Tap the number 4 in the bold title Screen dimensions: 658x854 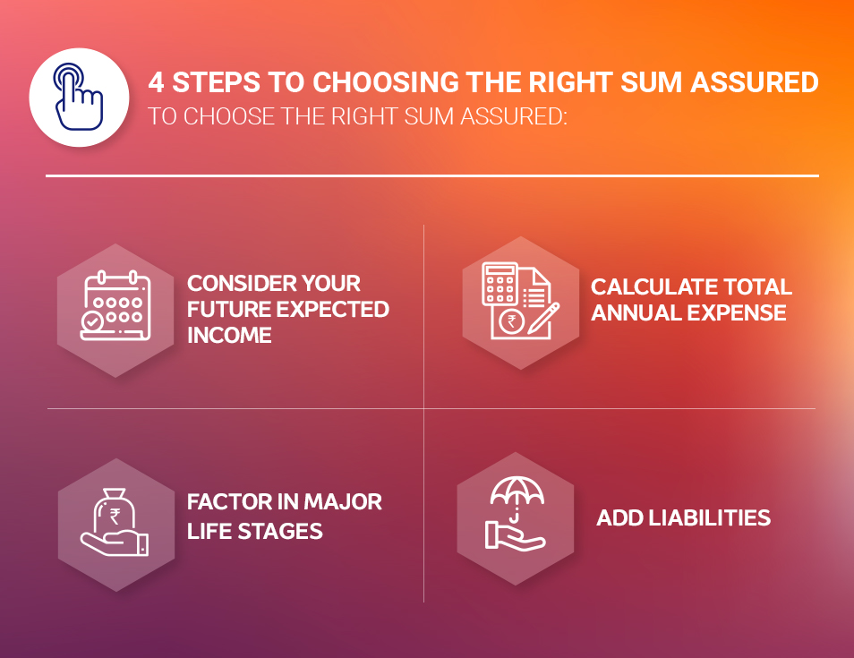click(157, 83)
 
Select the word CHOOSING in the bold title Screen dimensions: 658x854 click(388, 83)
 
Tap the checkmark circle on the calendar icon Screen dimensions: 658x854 click(90, 321)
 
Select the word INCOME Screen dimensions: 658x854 click(229, 335)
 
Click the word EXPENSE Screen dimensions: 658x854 click(739, 313)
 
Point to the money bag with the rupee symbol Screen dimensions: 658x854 click(115, 510)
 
